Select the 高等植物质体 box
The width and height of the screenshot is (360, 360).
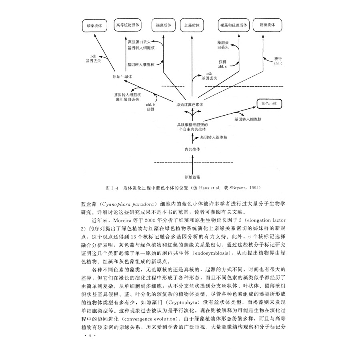128,25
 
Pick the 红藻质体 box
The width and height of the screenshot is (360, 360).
192,25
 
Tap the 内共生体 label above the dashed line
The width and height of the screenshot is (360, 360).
192,149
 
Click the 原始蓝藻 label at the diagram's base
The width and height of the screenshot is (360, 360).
192,177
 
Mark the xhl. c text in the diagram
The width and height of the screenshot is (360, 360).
223,67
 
